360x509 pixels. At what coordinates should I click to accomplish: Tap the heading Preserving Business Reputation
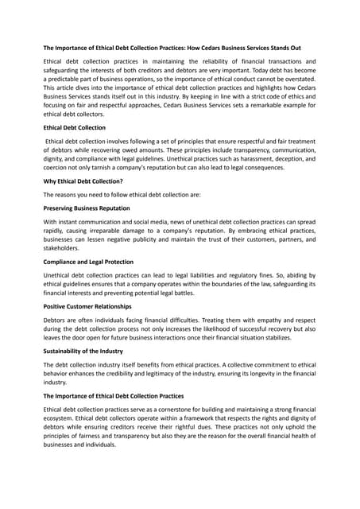coord(87,208)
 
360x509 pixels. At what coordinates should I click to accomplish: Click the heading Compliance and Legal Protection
coord(88,262)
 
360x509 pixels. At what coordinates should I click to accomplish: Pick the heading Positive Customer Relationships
coord(87,306)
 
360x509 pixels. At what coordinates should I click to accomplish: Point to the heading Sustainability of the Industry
coord(88,350)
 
